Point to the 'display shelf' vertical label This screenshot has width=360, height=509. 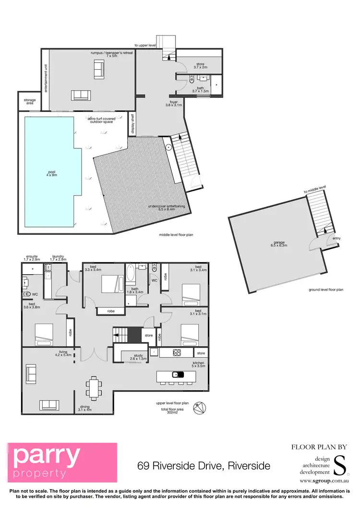[133, 124]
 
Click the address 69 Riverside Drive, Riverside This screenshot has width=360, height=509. [204, 465]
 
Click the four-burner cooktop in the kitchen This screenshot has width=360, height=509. [176, 353]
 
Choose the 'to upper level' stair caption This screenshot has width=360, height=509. [145, 45]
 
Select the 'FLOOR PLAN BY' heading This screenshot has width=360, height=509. [318, 447]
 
